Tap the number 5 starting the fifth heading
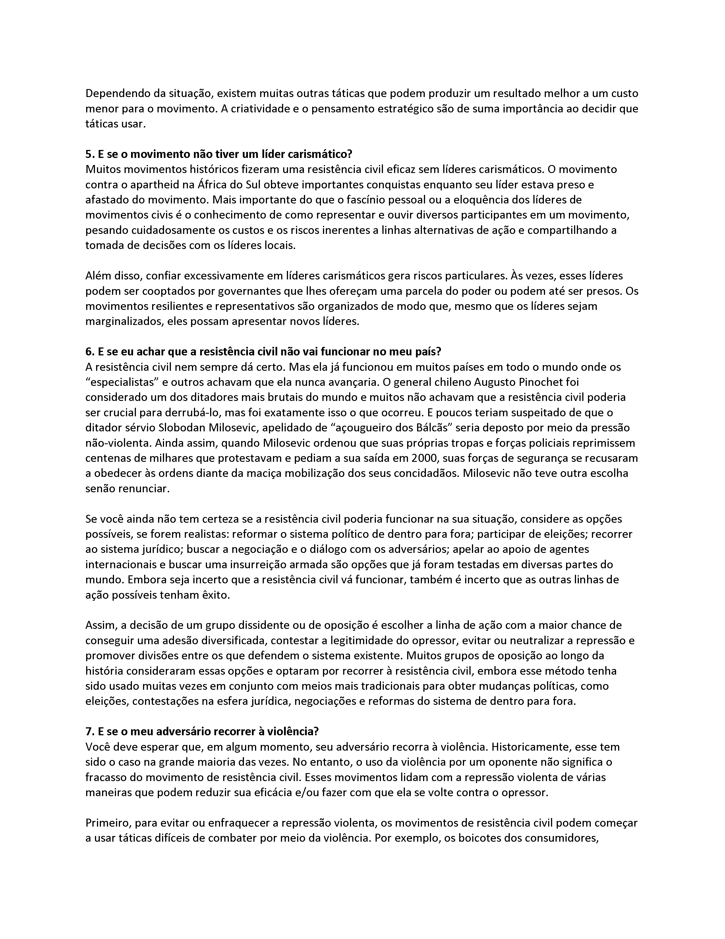coord(88,154)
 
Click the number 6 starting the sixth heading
coord(88,352)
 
